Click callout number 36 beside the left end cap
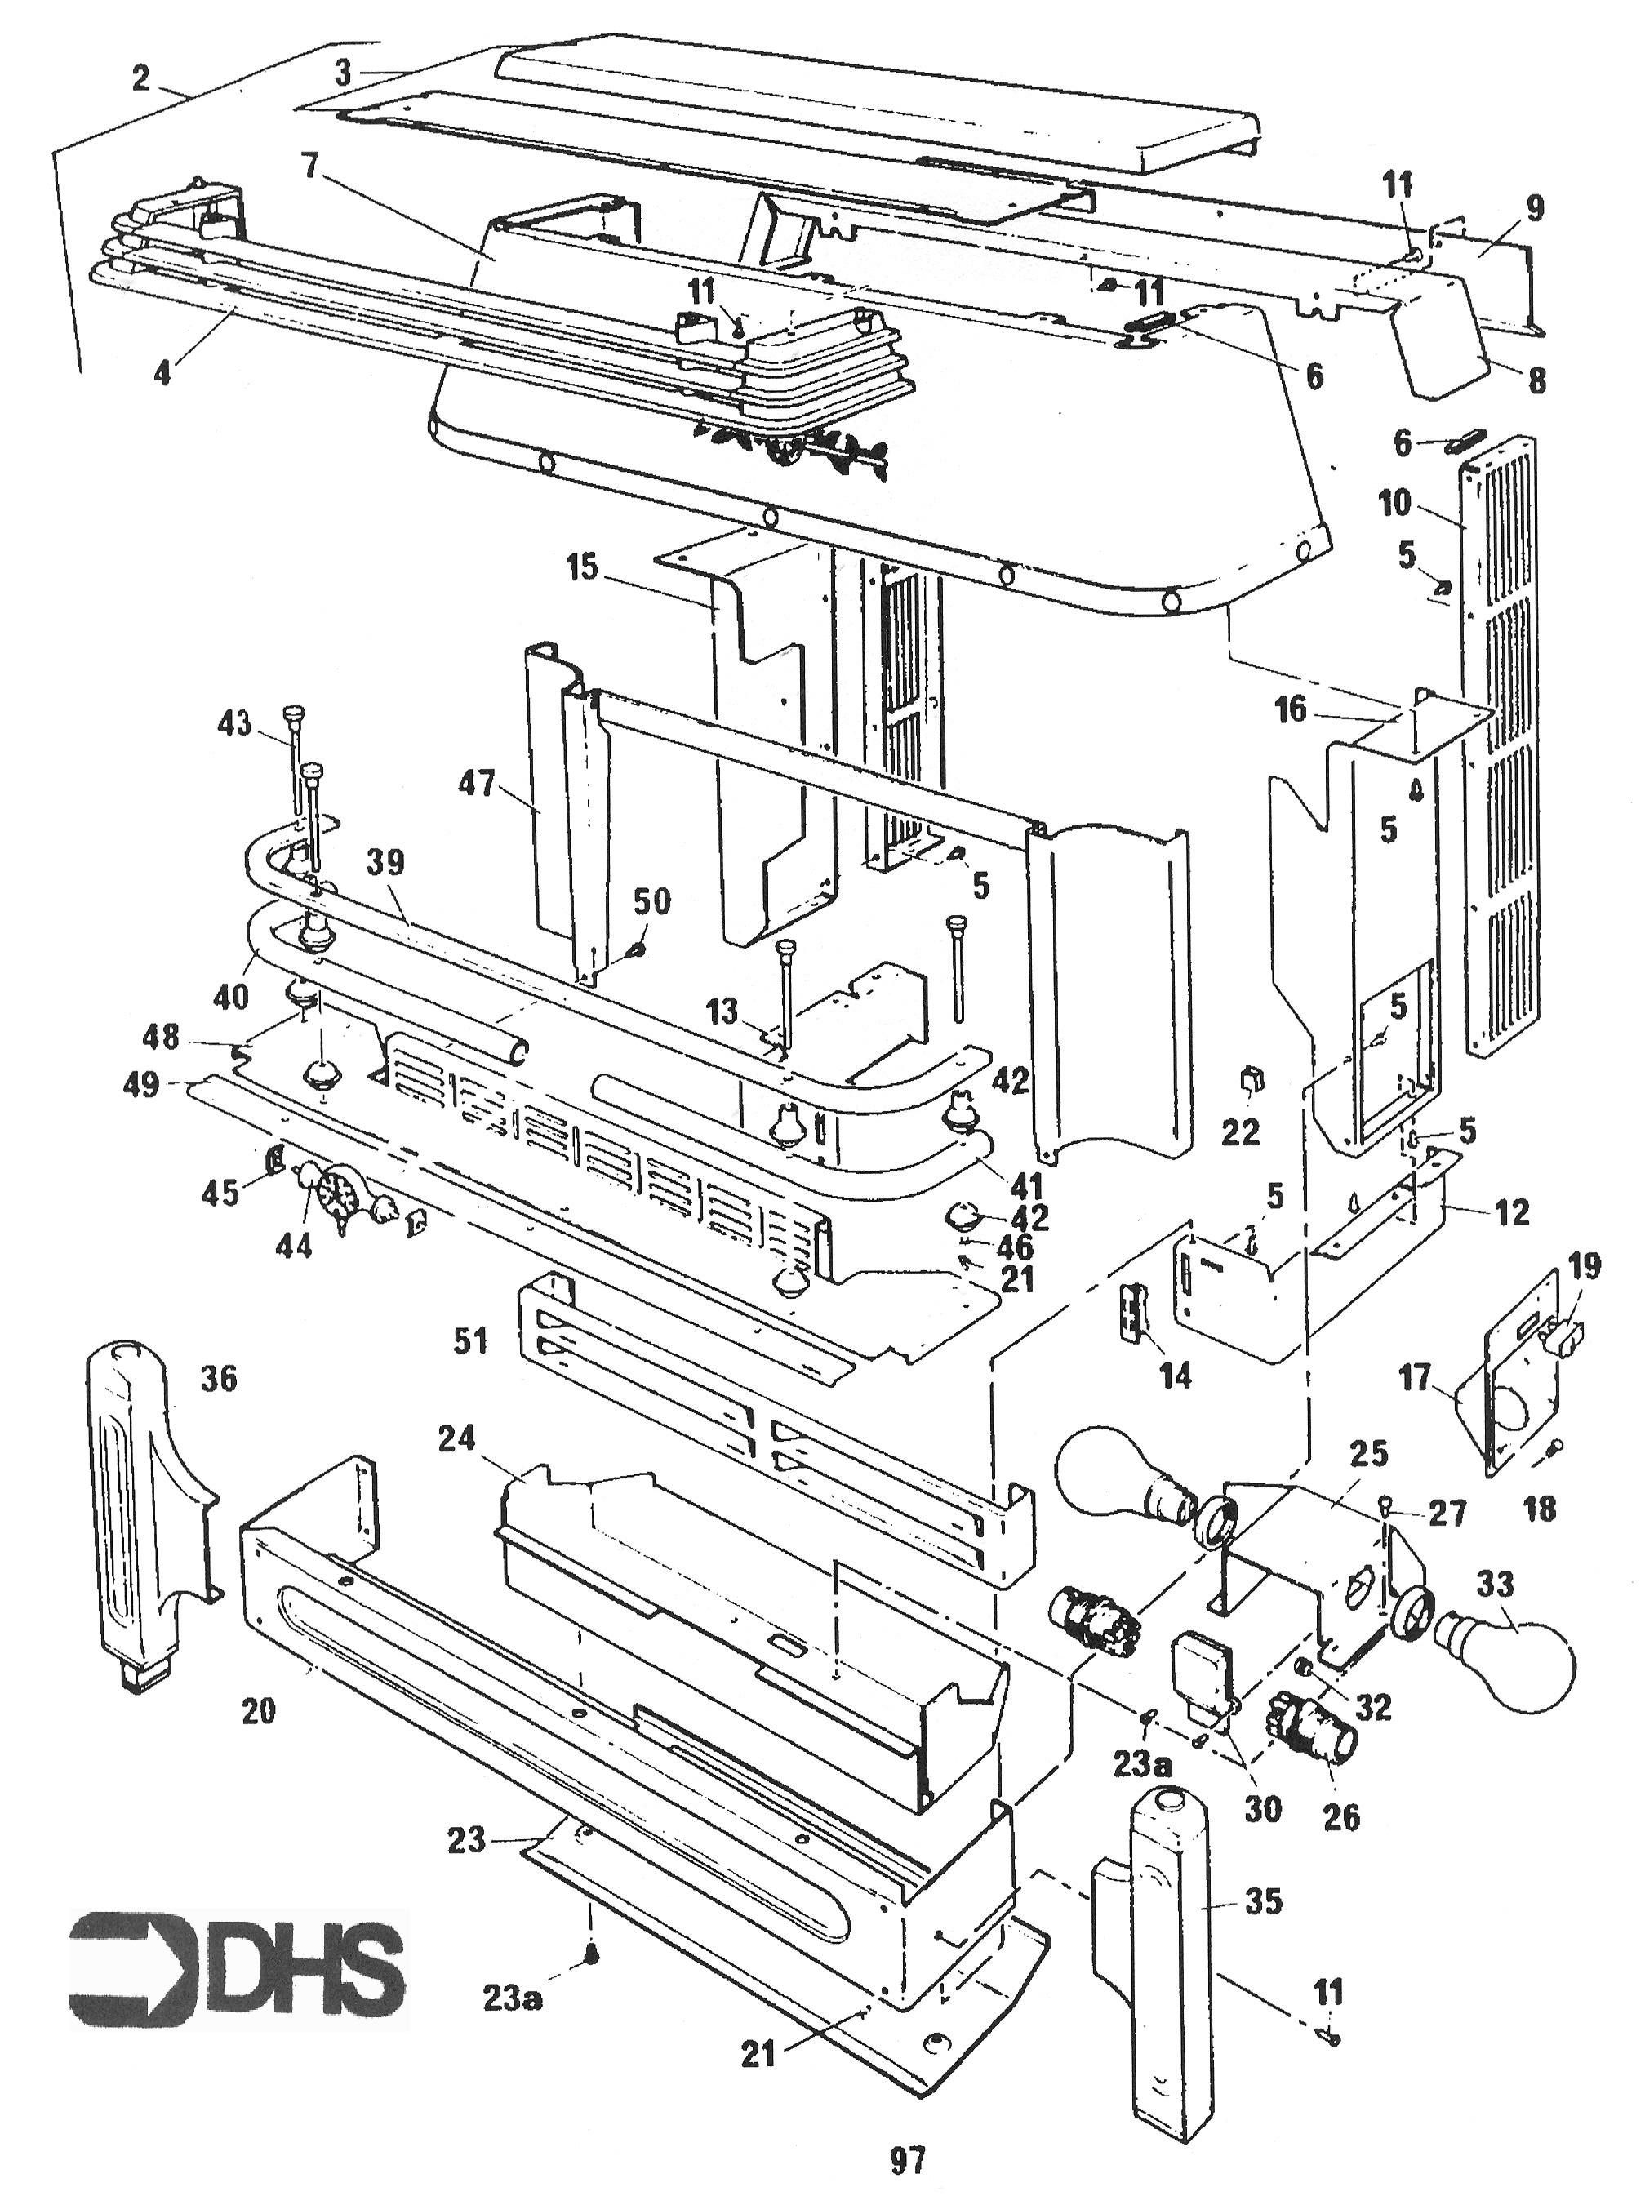219,1379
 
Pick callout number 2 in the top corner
141,78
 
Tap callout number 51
469,1341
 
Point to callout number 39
385,862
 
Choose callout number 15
583,569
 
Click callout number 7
311,165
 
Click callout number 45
220,1193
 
